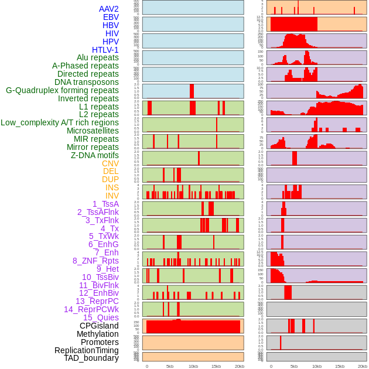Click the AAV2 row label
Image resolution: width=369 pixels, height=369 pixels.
tap(109, 9)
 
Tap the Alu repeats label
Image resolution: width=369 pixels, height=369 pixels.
tap(98, 57)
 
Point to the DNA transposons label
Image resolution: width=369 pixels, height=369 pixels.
tap(87, 82)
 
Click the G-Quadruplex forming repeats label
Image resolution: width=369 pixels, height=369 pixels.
tap(62, 90)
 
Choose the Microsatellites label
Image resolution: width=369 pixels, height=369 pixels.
tap(93, 131)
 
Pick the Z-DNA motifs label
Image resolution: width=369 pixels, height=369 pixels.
tap(95, 155)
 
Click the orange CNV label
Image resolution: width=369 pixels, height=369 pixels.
tap(110, 163)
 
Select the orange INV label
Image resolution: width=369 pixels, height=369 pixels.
tap(112, 196)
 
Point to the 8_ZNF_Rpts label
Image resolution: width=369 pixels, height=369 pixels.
tap(95, 261)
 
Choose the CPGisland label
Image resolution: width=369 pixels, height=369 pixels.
tap(99, 326)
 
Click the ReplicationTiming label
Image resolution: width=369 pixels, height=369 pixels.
tap(86, 350)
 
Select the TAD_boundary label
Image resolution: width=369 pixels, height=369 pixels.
tap(91, 358)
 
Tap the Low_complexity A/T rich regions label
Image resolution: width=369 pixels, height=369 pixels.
tap(60, 122)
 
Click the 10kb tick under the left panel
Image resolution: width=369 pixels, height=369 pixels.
tap(193, 366)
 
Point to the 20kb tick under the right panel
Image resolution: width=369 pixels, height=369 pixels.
tap(363, 366)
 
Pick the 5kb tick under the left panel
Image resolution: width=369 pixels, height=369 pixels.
tap(170, 366)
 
